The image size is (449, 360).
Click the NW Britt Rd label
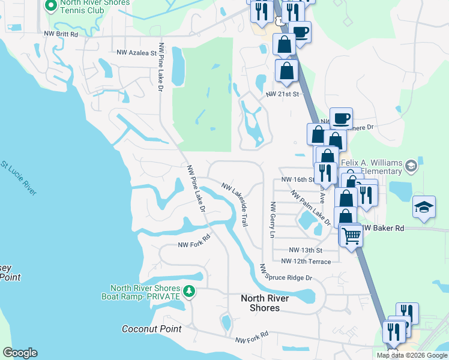(61, 35)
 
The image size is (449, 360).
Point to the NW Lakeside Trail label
(235, 205)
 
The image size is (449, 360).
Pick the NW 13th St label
(306, 250)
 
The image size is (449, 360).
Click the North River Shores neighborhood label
(264, 303)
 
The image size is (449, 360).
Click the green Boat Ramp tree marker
(190, 292)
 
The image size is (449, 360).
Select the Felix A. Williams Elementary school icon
(411, 165)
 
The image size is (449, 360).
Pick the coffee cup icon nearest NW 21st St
(340, 118)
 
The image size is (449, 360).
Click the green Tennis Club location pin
(51, 5)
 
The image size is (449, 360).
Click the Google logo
(20, 353)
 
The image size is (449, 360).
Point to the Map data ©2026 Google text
(411, 355)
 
